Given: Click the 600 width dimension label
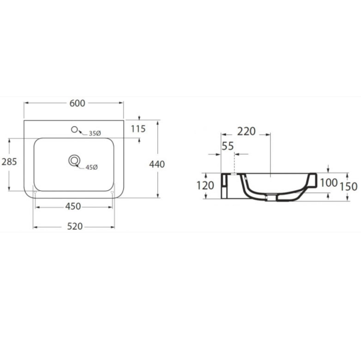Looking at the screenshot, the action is (77, 103).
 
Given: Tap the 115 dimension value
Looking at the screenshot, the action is (138, 129).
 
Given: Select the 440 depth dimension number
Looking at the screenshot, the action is (157, 164).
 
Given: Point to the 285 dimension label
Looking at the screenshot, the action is (9, 162).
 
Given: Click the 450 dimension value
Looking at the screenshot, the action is (73, 206).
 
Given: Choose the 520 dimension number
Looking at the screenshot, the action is (75, 227).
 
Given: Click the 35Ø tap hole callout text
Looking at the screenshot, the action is (95, 133).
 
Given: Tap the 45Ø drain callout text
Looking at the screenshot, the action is (92, 167).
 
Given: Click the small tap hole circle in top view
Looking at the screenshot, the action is (74, 130).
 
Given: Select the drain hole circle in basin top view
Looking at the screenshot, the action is (74, 161).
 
